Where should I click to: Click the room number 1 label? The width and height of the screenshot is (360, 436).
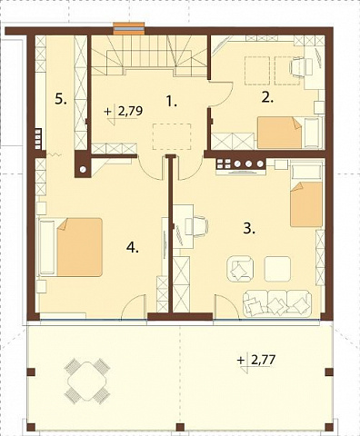point(172,101)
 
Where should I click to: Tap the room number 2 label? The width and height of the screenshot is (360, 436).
point(267,98)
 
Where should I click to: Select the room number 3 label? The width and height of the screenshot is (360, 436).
point(250,228)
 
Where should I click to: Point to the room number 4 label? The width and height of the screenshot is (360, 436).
point(133,248)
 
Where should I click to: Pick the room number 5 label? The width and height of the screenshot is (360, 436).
point(61,99)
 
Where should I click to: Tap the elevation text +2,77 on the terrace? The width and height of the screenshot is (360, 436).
point(256,361)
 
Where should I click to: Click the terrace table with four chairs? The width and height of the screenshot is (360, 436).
point(87,381)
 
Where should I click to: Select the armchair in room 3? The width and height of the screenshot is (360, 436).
point(240,268)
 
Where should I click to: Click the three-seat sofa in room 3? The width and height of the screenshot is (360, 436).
point(277,302)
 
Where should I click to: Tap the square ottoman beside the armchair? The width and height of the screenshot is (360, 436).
point(277,269)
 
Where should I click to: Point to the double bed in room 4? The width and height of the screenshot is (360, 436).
point(70,247)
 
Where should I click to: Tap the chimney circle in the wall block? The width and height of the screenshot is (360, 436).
point(83,169)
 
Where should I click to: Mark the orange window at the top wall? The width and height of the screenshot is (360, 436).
point(129,29)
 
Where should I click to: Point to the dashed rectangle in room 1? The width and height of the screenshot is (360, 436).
point(172,136)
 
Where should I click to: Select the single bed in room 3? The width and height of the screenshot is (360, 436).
point(306,194)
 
